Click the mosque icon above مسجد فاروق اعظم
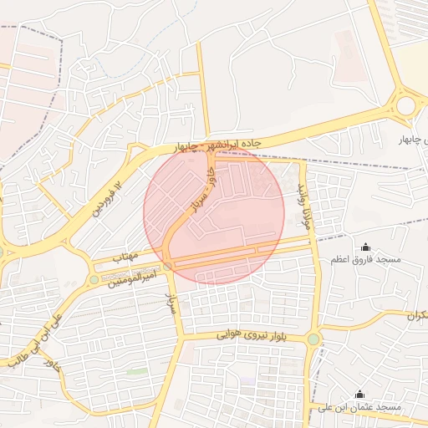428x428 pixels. [365, 247]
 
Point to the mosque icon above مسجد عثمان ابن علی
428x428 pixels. [360, 394]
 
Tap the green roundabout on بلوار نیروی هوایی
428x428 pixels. [313, 339]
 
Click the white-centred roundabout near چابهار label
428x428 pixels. [406, 106]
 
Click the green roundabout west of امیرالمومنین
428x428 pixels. [93, 279]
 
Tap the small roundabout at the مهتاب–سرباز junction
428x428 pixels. [168, 266]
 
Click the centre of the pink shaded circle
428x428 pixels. [214, 214]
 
